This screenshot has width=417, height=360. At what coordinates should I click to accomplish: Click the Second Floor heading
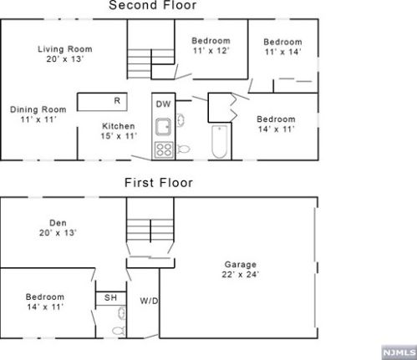(x=153, y=5)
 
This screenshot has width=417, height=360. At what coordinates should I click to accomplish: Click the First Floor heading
(x=159, y=183)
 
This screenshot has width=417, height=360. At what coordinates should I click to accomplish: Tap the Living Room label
(x=65, y=49)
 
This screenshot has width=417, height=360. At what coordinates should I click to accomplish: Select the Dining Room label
(x=38, y=109)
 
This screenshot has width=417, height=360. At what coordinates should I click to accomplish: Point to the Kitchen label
(x=119, y=126)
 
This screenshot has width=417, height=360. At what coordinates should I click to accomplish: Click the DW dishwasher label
(x=163, y=104)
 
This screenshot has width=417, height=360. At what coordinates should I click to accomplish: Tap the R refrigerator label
(x=117, y=100)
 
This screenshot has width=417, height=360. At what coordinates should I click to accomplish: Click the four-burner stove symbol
(x=164, y=150)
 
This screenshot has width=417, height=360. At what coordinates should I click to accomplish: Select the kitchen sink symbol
(x=163, y=127)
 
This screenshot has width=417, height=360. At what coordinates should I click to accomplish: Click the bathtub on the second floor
(x=220, y=141)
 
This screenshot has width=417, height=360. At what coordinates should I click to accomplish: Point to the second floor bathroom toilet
(x=183, y=149)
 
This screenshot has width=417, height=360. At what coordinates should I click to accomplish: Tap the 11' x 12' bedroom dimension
(x=211, y=51)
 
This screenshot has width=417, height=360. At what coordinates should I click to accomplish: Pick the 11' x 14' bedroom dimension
(x=282, y=52)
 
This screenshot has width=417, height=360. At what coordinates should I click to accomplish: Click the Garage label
(x=241, y=265)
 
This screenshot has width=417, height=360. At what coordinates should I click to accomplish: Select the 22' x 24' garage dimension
(x=240, y=275)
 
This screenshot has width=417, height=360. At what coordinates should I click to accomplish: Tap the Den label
(x=58, y=223)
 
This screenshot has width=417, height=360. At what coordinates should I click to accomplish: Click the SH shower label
(x=110, y=297)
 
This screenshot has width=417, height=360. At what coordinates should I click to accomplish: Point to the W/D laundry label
(x=149, y=301)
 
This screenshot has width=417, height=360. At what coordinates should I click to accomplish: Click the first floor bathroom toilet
(x=119, y=331)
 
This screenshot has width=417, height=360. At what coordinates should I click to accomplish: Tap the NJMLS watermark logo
(x=399, y=352)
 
